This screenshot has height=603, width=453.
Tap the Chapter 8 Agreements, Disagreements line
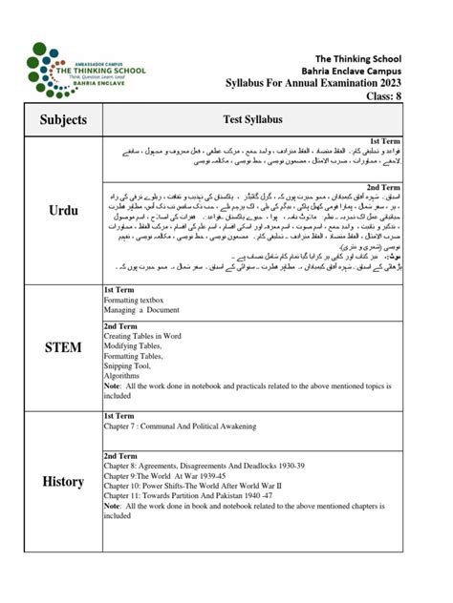[x=207, y=467]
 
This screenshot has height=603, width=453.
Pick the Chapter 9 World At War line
[x=173, y=479]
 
